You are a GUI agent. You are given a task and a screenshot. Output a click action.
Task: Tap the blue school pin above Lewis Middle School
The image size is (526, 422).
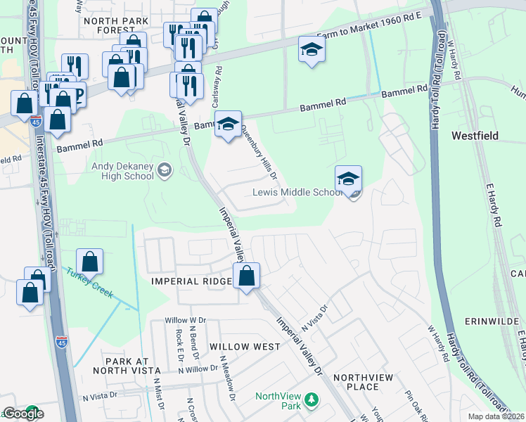pyautogui.click(x=348, y=180)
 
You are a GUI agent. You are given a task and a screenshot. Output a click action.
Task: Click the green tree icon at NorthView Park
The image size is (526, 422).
pyautogui.click(x=310, y=400)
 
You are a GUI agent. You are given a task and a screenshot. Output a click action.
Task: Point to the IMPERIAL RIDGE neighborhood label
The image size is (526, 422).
pyautogui.click(x=192, y=281)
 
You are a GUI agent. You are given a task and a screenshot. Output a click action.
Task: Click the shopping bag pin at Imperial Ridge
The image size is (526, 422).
pyautogui.click(x=247, y=276)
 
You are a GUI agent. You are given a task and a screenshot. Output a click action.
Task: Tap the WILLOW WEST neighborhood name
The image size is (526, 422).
pyautogui.click(x=244, y=347)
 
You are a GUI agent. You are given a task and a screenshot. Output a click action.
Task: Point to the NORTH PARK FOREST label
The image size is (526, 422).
pyautogui.click(x=116, y=21)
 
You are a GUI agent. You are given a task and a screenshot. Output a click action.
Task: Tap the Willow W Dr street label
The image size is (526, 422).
pyautogui.click(x=185, y=320)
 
